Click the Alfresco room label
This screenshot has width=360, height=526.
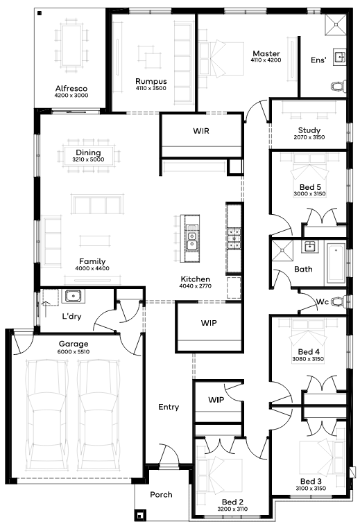pyautogui.click(x=71, y=89)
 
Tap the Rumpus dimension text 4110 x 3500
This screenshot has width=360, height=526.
pyautogui.click(x=151, y=88)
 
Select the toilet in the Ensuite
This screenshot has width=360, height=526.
pyautogui.click(x=338, y=86)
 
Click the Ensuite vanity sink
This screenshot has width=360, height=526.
pyautogui.click(x=340, y=57)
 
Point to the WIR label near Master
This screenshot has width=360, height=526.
pyautogui.click(x=201, y=130)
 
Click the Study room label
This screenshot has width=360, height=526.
pyautogui.click(x=309, y=130)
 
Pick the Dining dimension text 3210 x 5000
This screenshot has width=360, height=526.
pyautogui.click(x=88, y=159)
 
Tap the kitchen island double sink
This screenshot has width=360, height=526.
pyautogui.click(x=191, y=238)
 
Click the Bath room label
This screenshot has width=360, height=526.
pyautogui.click(x=303, y=269)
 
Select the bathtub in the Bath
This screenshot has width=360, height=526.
pyautogui.click(x=336, y=263)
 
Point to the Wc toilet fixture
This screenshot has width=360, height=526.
pyautogui.click(x=338, y=302)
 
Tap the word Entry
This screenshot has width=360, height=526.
pyautogui.click(x=169, y=407)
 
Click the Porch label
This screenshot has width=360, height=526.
pyautogui.click(x=161, y=494)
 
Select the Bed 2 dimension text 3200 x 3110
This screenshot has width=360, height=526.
pyautogui.click(x=232, y=509)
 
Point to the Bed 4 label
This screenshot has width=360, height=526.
pyautogui.click(x=309, y=351)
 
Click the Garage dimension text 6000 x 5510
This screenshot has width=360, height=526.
pyautogui.click(x=74, y=351)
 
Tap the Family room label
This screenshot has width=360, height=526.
pyautogui.click(x=92, y=261)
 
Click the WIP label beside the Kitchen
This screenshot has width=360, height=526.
pyautogui.click(x=209, y=323)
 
